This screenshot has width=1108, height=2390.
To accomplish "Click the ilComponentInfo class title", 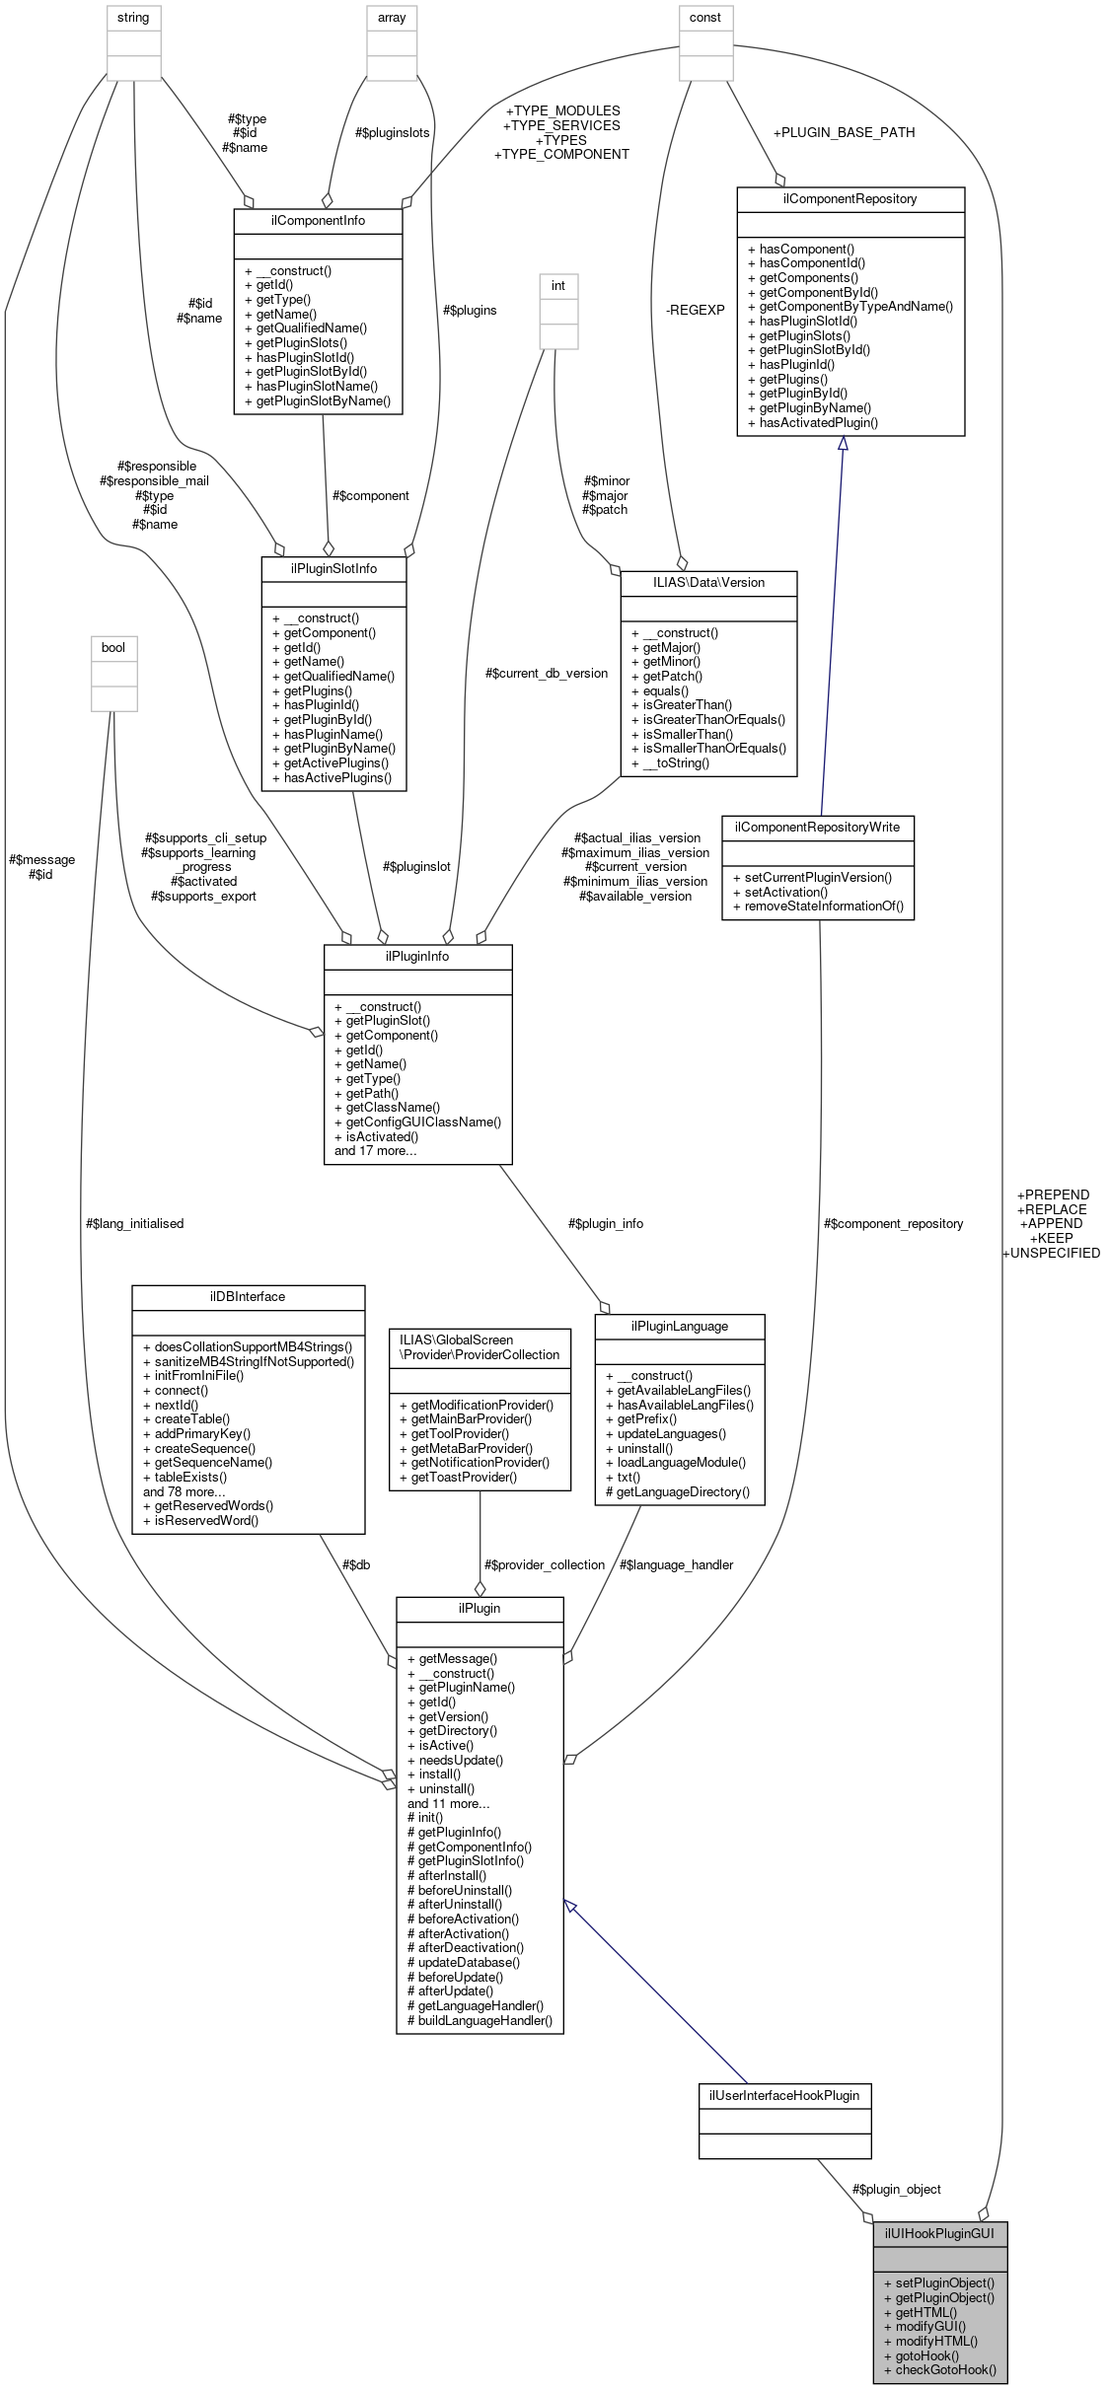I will click(x=318, y=220).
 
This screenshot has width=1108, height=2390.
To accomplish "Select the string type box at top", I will click(x=133, y=18).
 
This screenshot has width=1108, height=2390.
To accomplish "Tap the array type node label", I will click(x=392, y=18).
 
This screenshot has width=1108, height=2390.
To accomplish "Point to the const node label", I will click(x=705, y=18).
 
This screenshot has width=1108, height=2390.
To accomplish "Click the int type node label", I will click(x=558, y=286).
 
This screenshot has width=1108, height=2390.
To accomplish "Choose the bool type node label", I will click(x=113, y=648).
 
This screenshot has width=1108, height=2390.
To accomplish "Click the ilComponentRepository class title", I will click(x=849, y=198).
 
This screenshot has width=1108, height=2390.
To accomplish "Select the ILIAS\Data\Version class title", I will click(x=708, y=583).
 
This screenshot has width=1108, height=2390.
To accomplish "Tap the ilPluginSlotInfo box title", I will click(x=333, y=569).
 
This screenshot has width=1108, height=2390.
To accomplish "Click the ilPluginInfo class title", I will click(x=417, y=957).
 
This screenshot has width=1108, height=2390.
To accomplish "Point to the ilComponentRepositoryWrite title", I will click(x=817, y=828).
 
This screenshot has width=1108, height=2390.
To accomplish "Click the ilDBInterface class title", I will click(x=248, y=1297).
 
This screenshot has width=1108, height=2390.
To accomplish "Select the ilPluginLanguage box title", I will click(x=680, y=1327).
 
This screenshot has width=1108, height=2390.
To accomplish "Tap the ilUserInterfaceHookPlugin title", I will click(x=784, y=2095).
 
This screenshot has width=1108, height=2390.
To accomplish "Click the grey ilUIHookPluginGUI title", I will click(x=939, y=2233).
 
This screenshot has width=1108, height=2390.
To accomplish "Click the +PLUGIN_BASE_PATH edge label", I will click(x=844, y=132).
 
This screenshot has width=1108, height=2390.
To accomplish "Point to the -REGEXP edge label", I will click(x=695, y=310).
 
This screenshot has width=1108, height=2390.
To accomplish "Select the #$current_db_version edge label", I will click(x=547, y=674).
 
